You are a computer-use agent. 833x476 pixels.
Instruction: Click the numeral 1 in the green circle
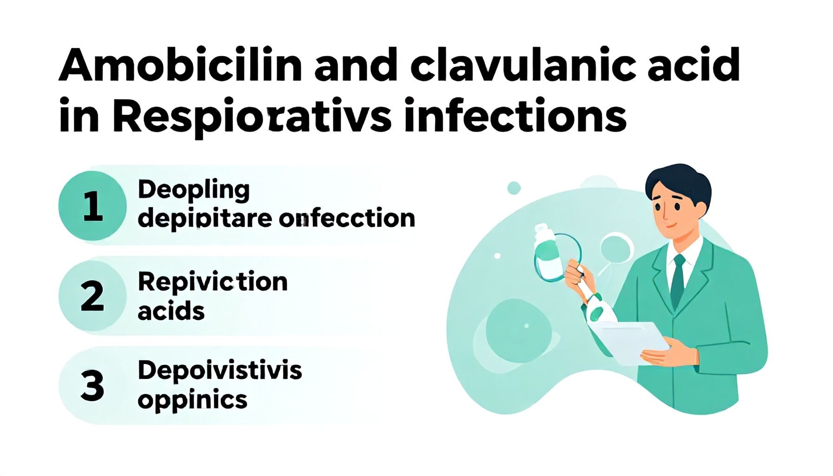(93, 206)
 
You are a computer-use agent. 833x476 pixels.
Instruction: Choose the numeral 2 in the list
(93, 296)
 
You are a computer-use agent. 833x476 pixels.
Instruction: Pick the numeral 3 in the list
(93, 385)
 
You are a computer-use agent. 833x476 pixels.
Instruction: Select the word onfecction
(347, 218)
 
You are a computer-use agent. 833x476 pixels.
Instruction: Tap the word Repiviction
(213, 282)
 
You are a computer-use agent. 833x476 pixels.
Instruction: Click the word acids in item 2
(171, 311)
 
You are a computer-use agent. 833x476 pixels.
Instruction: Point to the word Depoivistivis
(220, 371)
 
